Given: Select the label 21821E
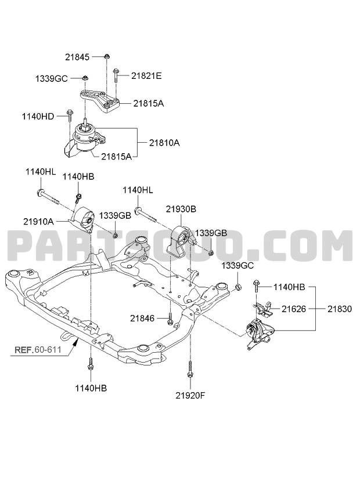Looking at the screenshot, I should tap(146, 75).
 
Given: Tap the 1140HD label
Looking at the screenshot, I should tap(38, 117).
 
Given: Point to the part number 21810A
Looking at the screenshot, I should tap(164, 142).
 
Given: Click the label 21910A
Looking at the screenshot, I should tap(38, 220).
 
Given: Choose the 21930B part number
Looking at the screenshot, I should tap(181, 208).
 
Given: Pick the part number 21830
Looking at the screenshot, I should tap(339, 309).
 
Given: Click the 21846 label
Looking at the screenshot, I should tap(142, 318).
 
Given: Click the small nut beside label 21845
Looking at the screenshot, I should tap(107, 56).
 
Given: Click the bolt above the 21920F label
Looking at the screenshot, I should tap(190, 370).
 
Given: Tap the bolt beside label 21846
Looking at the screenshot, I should tap(170, 318).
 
